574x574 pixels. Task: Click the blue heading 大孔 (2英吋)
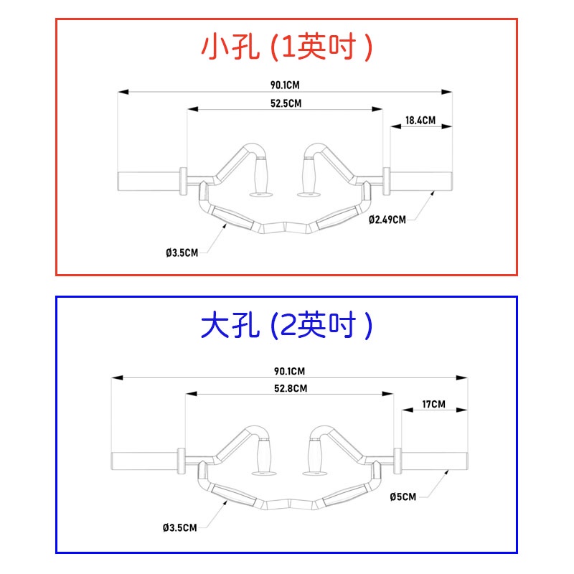click(x=287, y=327)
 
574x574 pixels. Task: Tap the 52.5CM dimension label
click(x=286, y=103)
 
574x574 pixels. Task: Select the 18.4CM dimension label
click(x=420, y=121)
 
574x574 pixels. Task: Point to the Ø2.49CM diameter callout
click(x=387, y=220)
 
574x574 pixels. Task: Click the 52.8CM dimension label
click(x=290, y=388)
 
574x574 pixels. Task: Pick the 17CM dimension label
click(x=433, y=405)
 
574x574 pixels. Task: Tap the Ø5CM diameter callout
click(x=403, y=496)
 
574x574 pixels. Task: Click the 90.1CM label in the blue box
click(x=289, y=371)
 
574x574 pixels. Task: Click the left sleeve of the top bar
click(x=147, y=181)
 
